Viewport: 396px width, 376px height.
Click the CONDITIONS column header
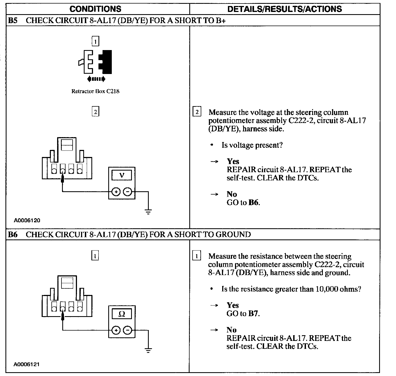95,9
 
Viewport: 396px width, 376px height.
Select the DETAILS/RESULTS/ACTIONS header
284,9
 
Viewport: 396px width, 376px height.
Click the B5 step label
13,20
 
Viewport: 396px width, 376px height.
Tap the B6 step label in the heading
13,235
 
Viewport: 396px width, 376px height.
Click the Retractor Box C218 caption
95,91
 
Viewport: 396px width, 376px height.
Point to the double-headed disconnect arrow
96,79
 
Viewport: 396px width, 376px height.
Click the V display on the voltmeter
122,175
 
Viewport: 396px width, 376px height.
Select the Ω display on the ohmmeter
122,314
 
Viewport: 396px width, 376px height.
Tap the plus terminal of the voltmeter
116,192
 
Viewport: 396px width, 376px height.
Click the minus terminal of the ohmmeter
127,330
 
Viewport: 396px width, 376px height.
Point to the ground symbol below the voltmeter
148,212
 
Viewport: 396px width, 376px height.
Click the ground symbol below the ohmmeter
148,350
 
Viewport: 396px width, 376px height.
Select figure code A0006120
27,220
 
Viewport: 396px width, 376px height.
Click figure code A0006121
27,364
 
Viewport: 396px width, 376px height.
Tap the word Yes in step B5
233,161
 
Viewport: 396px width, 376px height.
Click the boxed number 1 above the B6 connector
95,256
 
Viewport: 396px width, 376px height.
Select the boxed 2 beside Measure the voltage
197,112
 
